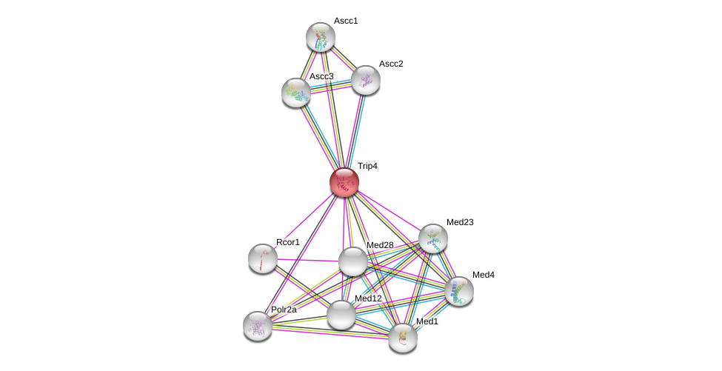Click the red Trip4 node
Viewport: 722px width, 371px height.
click(x=344, y=182)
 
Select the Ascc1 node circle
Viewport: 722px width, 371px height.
click(x=321, y=37)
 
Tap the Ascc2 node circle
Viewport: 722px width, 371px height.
click(x=366, y=80)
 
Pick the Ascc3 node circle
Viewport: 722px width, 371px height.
click(x=296, y=93)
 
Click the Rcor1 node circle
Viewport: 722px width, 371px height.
click(x=263, y=258)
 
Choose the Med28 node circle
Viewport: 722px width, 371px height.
click(x=353, y=261)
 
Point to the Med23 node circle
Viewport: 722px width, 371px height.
click(x=433, y=238)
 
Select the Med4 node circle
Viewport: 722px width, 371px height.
click(x=459, y=291)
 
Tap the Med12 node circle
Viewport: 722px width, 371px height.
click(x=341, y=315)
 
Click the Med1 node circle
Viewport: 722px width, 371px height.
click(x=403, y=338)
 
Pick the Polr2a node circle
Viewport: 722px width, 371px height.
click(x=258, y=326)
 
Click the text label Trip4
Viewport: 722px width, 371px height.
click(x=367, y=167)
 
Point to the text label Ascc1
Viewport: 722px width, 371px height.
click(x=346, y=21)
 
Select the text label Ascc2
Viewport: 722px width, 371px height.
click(x=391, y=64)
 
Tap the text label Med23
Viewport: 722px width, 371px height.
click(x=459, y=222)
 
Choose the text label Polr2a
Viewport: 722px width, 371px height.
click(x=284, y=310)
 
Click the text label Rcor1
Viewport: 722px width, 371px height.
click(x=288, y=242)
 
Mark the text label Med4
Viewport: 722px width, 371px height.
click(x=483, y=275)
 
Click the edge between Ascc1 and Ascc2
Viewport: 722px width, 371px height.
click(x=344, y=59)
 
